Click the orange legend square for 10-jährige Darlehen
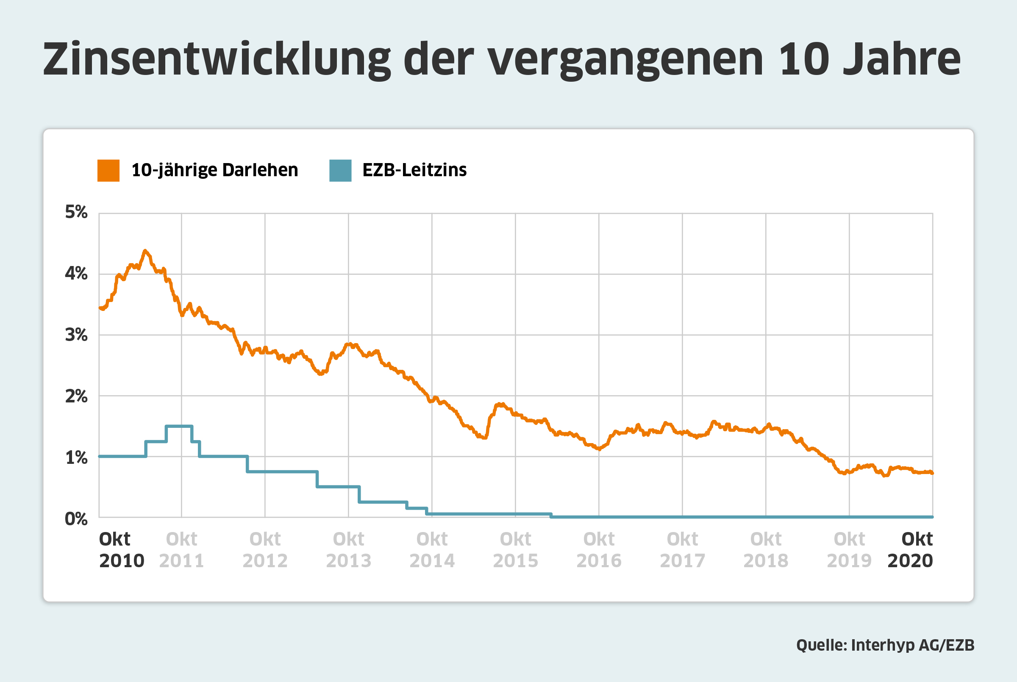[x=108, y=170]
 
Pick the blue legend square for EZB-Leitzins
[x=340, y=170]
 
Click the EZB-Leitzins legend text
[x=414, y=170]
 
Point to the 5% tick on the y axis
[x=76, y=212]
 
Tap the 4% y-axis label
[x=76, y=274]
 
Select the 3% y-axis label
[x=76, y=335]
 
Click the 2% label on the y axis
[x=76, y=396]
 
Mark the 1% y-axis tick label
[x=76, y=457]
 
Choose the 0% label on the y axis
[x=76, y=519]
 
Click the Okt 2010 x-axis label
[x=121, y=550]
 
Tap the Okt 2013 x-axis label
[x=348, y=550]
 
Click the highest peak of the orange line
[x=145, y=251]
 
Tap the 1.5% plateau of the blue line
[x=179, y=426]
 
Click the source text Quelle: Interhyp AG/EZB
[x=885, y=645]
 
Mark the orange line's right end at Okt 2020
[x=932, y=473]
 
